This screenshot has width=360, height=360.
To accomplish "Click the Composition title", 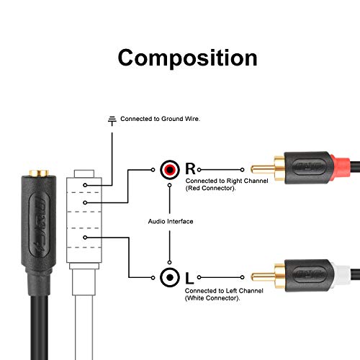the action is tap(187, 58).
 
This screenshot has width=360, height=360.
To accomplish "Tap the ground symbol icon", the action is tap(112, 121).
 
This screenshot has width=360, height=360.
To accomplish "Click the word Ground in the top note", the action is tap(171, 119).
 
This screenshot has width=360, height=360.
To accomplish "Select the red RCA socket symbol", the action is tap(170, 170).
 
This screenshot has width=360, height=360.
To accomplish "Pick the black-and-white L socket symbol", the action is tap(170, 277).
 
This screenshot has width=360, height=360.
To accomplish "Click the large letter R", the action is tap(190, 168).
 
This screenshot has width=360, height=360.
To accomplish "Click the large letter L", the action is tap(189, 278).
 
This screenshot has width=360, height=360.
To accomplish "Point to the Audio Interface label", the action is tap(171, 221).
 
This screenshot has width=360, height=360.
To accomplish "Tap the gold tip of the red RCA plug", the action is tap(263, 169).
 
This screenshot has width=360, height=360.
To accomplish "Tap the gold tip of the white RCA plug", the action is tap(263, 277).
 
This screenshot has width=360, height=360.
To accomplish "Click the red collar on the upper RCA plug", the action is tap(341, 168).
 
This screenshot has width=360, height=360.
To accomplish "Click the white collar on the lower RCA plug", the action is tap(341, 276).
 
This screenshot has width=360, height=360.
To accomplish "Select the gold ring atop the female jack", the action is tap(39, 173).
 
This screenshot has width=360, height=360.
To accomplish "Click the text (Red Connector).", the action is tap(211, 188).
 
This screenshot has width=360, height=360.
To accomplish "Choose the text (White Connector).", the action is tap(212, 298).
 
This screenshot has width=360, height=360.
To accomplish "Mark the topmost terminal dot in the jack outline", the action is tap(85, 185).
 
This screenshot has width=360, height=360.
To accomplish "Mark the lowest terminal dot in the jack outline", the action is tap(85, 238).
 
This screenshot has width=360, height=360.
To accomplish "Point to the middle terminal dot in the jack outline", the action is tap(85, 203).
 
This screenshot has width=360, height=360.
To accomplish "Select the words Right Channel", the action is tap(247, 181).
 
